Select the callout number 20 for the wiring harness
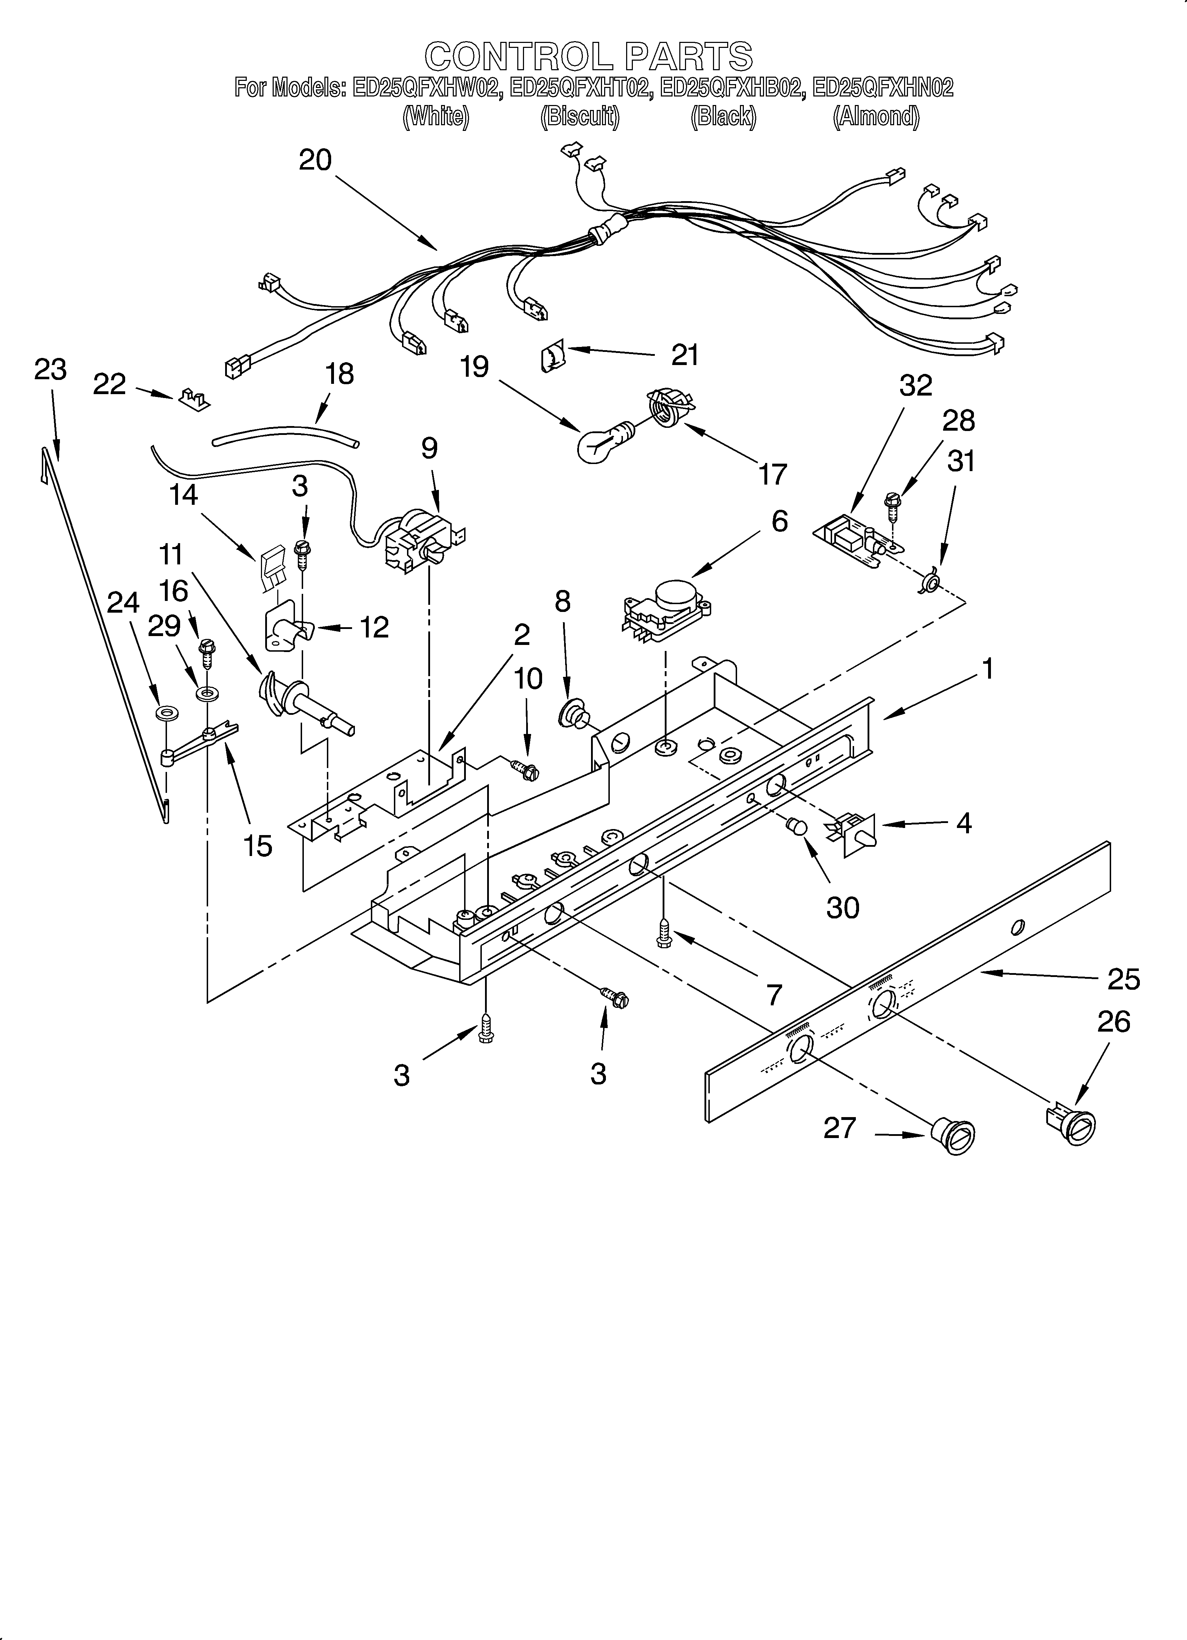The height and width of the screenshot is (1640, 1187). coord(315,160)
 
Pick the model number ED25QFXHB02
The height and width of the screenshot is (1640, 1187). coord(731,88)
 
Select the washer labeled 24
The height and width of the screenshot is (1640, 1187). coord(168,714)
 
